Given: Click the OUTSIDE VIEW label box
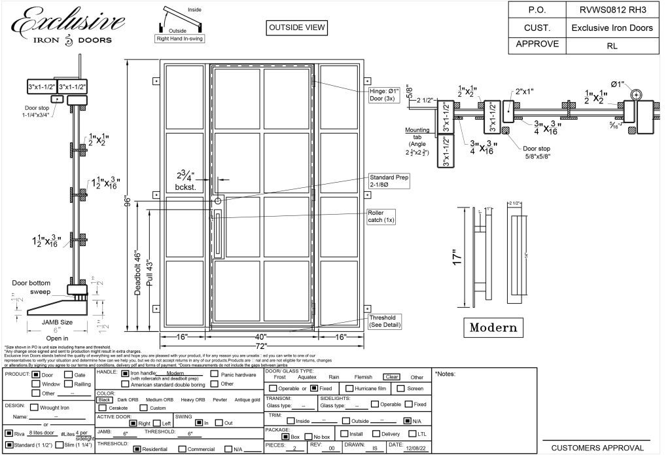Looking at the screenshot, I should [x=296, y=28].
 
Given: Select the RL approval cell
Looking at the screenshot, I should [x=612, y=46].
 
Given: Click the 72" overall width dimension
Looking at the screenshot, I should [x=262, y=345].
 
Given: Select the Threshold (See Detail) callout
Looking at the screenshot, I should [x=384, y=321].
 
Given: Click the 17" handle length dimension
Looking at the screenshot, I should [x=457, y=257].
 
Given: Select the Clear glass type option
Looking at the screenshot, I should [x=391, y=377].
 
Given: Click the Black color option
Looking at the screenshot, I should [x=105, y=399].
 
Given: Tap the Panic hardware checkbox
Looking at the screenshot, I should [x=215, y=374].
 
